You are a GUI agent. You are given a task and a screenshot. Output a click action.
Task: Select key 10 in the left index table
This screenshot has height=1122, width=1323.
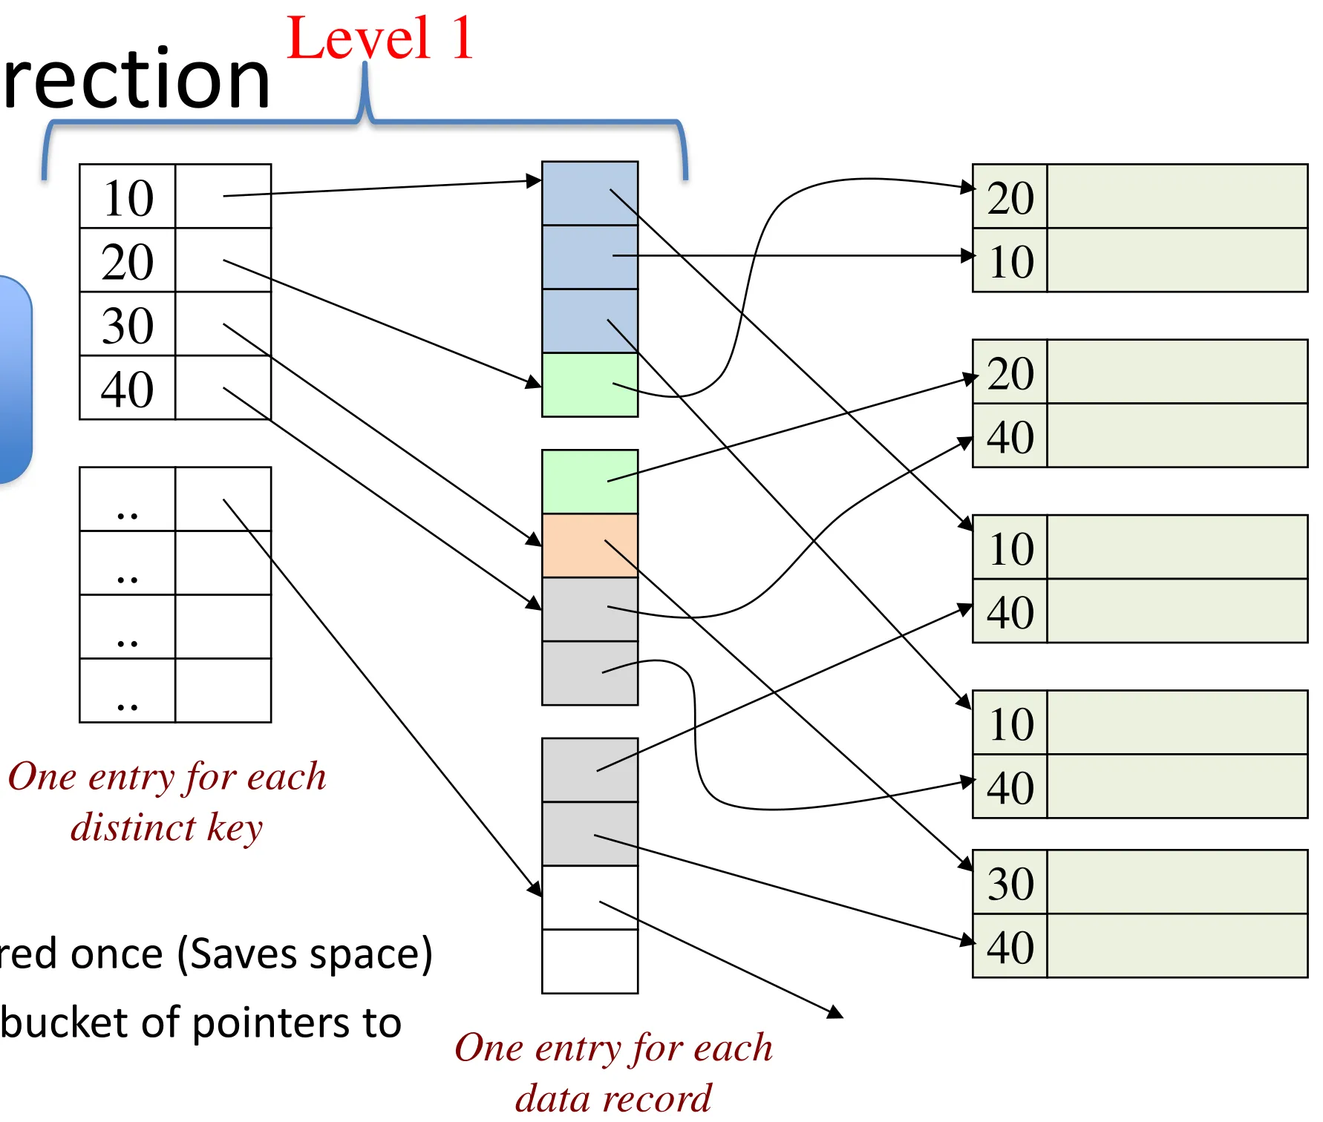(x=128, y=197)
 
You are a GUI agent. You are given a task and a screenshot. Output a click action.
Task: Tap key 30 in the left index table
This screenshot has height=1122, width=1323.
(x=128, y=325)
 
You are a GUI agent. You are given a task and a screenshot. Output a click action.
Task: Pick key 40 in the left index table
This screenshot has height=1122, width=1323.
(x=128, y=389)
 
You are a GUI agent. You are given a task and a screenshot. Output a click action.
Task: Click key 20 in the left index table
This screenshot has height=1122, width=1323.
(x=128, y=261)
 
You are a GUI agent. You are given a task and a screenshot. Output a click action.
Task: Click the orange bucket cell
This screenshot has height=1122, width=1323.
(x=589, y=545)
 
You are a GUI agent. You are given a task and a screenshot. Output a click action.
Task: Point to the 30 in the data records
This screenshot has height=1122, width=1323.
(x=1010, y=883)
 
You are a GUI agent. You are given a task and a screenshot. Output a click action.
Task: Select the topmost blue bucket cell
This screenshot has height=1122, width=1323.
(x=589, y=193)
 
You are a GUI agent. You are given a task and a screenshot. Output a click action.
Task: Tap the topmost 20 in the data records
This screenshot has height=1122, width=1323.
(x=1010, y=197)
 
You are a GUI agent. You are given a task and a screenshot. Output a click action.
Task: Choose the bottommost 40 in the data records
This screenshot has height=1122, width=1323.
(x=1010, y=947)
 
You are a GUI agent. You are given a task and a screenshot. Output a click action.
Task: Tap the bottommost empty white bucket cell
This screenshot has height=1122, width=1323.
(x=589, y=961)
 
